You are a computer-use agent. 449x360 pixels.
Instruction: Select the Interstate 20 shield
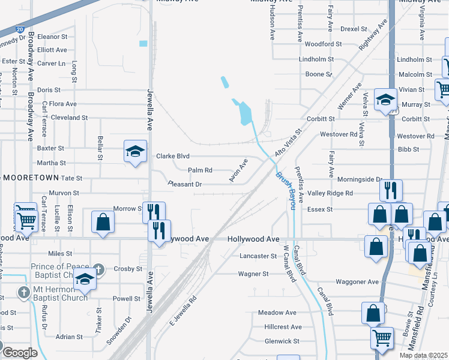coord(20,28)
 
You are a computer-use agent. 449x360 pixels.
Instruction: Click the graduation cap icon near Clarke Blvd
coord(135,151)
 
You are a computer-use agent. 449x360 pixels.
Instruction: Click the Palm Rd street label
coord(200,170)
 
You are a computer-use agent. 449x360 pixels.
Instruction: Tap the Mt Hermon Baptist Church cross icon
coord(23,293)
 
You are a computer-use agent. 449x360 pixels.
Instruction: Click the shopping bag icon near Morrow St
coord(103,221)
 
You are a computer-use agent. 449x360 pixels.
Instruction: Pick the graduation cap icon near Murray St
coord(385,100)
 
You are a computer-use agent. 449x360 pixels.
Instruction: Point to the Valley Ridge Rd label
coord(330,193)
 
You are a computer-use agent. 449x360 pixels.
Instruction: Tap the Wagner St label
coord(253,274)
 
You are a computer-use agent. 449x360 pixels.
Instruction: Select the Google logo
coord(20,353)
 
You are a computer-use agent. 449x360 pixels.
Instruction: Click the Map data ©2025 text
coord(424,355)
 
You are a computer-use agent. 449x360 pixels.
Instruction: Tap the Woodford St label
coord(323,44)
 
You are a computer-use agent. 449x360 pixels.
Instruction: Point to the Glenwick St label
coord(282,341)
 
